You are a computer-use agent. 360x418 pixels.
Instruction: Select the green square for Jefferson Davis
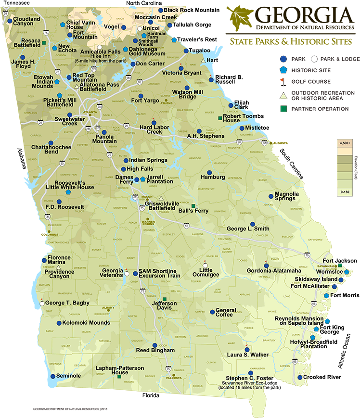[x=165, y=299]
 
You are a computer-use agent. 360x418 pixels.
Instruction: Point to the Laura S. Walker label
[x=248, y=355]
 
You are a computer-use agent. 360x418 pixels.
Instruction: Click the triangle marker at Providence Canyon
[x=58, y=266]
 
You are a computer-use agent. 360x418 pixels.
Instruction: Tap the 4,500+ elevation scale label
[x=345, y=143]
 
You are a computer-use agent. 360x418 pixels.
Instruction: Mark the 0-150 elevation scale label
[x=345, y=192]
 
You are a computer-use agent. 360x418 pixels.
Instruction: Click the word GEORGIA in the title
[x=304, y=15]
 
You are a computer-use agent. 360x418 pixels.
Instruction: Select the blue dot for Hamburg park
[x=209, y=172]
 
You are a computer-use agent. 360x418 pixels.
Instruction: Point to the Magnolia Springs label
[x=287, y=196]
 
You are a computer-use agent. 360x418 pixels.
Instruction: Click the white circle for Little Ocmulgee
[x=205, y=265]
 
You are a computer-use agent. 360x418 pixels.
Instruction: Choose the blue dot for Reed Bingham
[x=154, y=345]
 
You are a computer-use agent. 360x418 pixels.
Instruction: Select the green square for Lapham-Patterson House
[x=119, y=377]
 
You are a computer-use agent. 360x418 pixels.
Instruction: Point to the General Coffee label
[x=225, y=313]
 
